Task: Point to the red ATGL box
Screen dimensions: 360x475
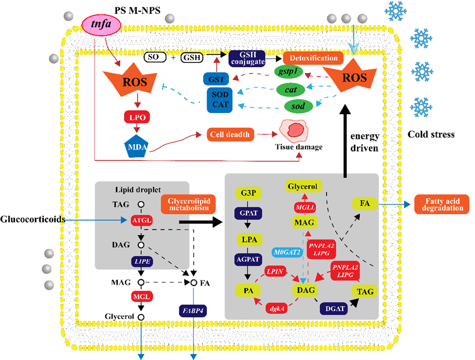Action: tap(141, 219)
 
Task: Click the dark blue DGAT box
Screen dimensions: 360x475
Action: tap(333, 308)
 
